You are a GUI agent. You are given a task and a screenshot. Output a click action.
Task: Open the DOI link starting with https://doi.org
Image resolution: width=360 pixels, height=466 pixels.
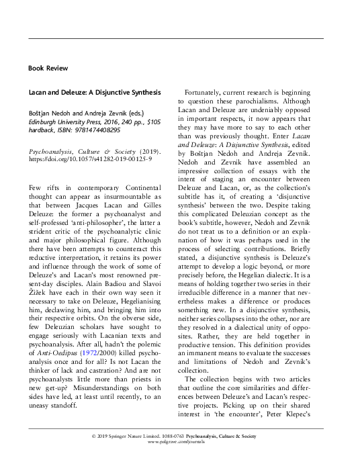90,161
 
